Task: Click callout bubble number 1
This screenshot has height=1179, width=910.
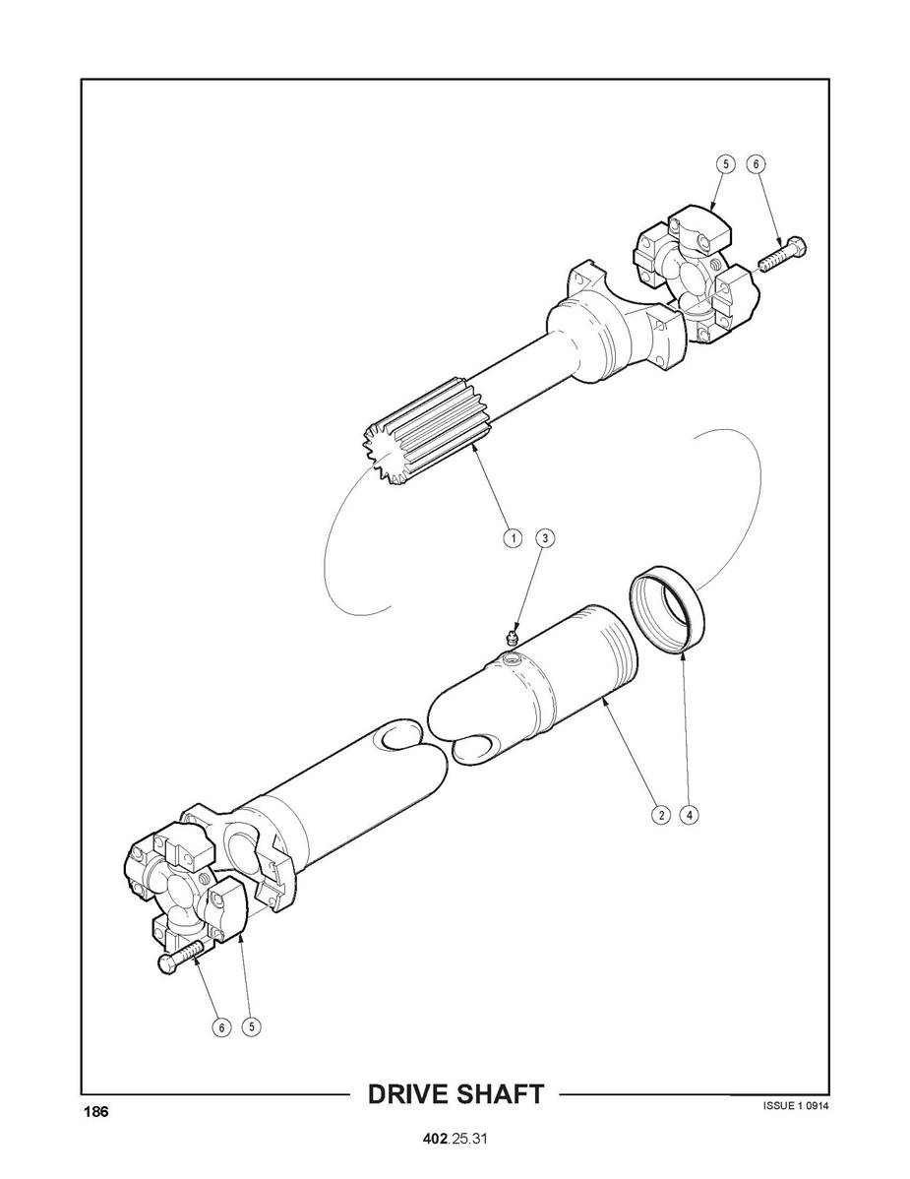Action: (514, 538)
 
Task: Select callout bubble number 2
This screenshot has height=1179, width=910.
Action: (660, 814)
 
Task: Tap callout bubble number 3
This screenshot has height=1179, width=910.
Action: (546, 538)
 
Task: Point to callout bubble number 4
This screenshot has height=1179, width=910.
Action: (689, 814)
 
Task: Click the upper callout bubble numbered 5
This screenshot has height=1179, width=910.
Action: (725, 164)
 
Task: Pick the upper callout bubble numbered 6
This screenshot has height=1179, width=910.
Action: (756, 164)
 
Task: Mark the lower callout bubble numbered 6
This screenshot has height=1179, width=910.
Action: (221, 1027)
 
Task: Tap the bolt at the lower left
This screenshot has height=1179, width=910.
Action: (180, 958)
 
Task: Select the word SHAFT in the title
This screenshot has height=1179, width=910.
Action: (498, 1094)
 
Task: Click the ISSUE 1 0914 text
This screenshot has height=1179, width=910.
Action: (796, 1105)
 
